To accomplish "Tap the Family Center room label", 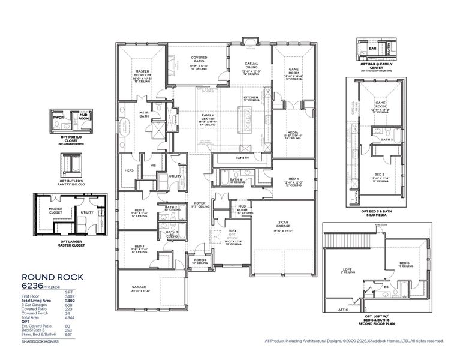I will pyautogui.click(x=208, y=116).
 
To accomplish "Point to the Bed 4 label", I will pyautogui.click(x=293, y=179).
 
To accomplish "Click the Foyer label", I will pyautogui.click(x=200, y=203).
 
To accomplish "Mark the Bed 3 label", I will pyautogui.click(x=139, y=246).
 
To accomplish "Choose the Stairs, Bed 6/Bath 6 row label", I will pyautogui.click(x=39, y=334).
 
